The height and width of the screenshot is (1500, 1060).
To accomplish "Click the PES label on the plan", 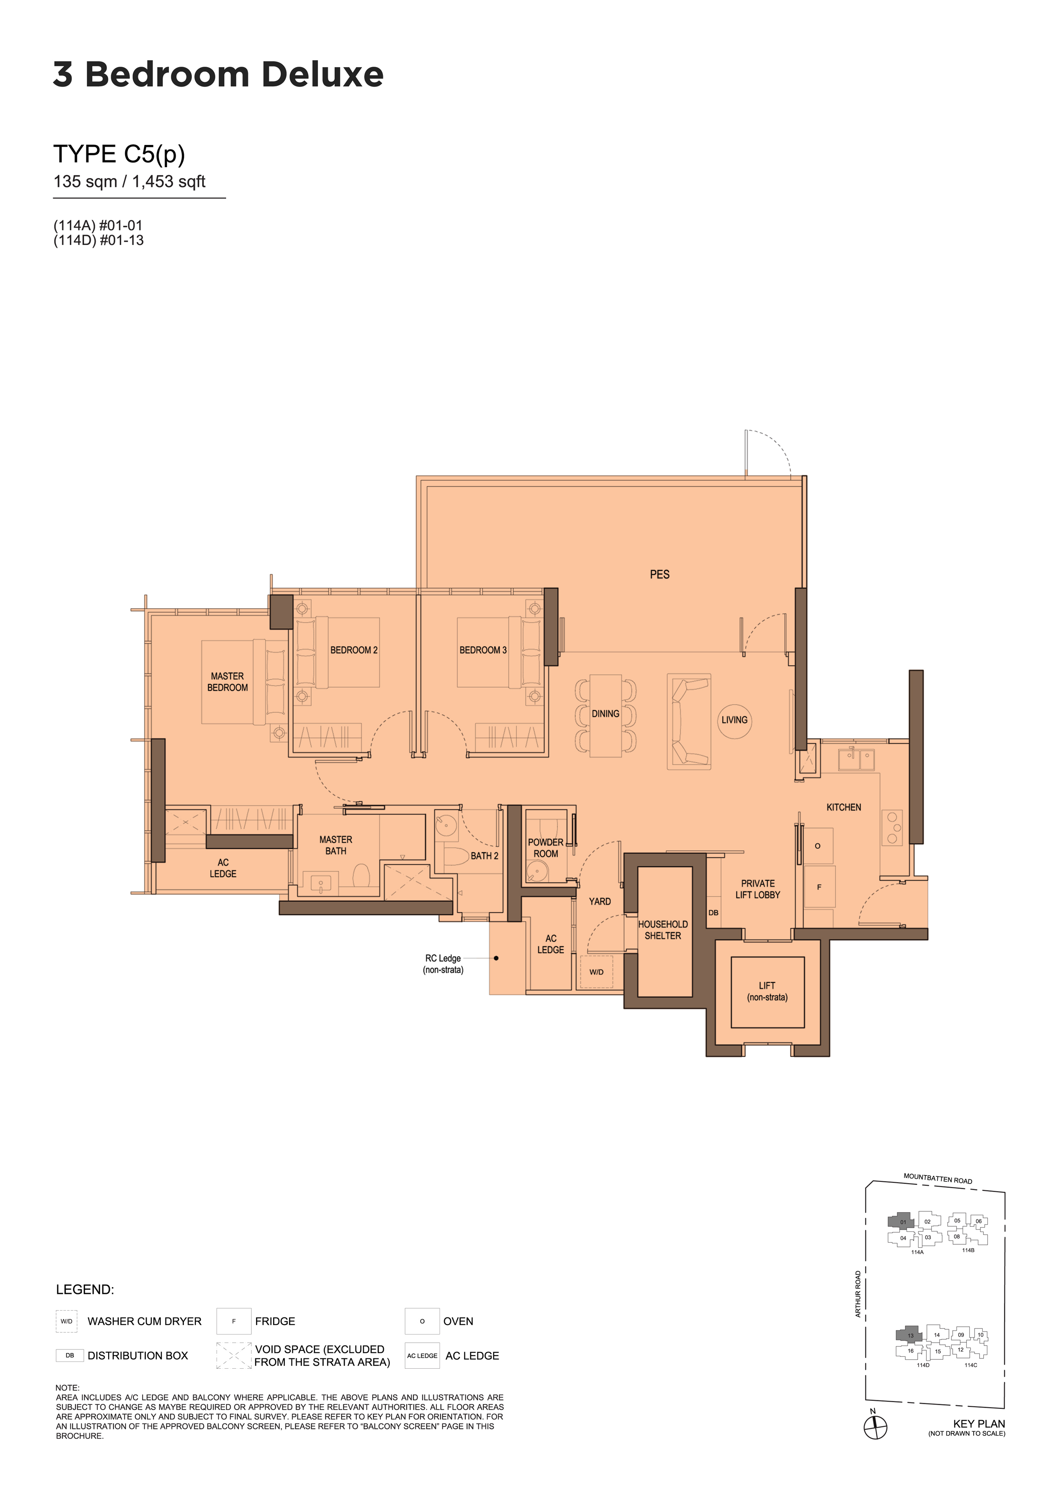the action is tap(659, 574).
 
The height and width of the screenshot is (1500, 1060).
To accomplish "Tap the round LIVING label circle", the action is tap(734, 720).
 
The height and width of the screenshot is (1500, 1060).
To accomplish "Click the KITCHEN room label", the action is tap(843, 807).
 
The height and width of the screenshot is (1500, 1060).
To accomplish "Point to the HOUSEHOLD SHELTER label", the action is tap(663, 930).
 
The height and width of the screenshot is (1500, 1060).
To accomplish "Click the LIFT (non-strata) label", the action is tap(767, 992).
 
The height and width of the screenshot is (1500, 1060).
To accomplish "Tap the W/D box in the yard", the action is tap(596, 972).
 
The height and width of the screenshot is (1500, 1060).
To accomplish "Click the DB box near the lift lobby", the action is tap(713, 912).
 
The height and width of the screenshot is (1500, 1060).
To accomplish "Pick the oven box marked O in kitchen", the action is tap(818, 846).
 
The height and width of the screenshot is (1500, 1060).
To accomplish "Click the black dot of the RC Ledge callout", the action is tap(496, 958).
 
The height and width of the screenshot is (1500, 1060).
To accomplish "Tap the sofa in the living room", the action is tap(689, 722).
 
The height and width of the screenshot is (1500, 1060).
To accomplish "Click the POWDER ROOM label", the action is tap(545, 848).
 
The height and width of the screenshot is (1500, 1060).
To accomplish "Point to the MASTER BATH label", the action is tap(336, 845).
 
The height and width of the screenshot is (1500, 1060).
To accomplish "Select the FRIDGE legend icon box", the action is tap(234, 1321).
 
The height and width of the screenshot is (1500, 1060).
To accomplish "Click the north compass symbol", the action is tap(875, 1427).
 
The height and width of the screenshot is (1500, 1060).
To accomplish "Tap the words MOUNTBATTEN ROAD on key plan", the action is tap(938, 1178).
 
